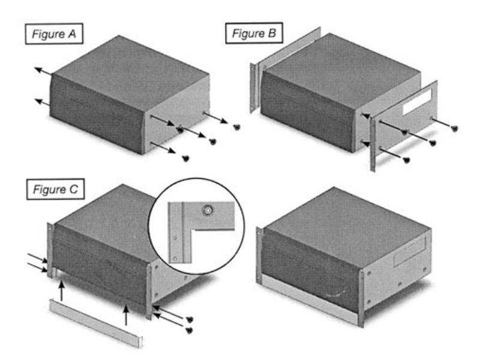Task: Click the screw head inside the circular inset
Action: [208, 211]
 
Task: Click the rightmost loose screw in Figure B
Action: [454, 128]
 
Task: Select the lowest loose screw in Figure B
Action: [406, 159]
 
